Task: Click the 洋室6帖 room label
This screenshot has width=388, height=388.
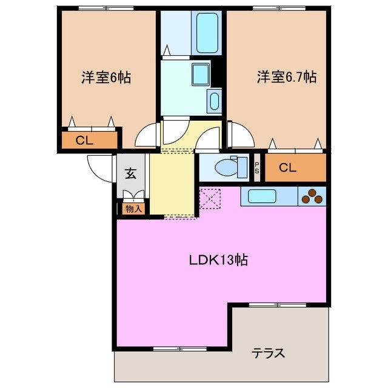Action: tap(107, 78)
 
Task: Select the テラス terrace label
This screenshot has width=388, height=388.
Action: tap(269, 353)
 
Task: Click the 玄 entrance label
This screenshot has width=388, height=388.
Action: tap(130, 173)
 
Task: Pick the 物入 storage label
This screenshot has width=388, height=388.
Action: tap(134, 209)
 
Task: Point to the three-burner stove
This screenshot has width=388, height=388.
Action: tap(313, 196)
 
